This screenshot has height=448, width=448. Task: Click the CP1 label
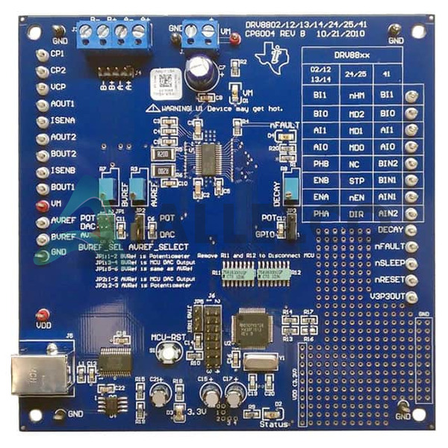coord(58,55)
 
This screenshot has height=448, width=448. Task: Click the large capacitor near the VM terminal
coord(199,67)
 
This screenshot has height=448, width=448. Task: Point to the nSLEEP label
coord(388,263)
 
